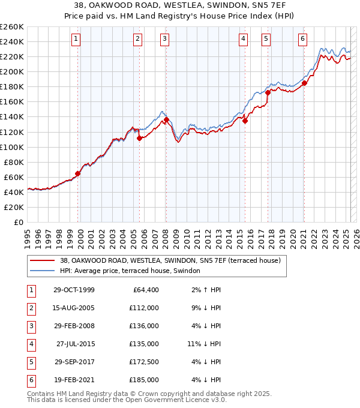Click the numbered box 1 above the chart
tap(77, 40)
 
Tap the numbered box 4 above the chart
tap(243, 40)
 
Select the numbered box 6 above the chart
tap(302, 40)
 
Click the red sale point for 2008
tap(166, 119)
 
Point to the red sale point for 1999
tap(78, 173)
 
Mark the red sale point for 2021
tap(304, 83)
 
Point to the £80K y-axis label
tap(13, 162)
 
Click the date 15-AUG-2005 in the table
tap(74, 307)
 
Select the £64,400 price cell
tap(145, 290)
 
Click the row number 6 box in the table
tap(30, 380)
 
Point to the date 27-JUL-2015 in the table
tap(75, 344)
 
